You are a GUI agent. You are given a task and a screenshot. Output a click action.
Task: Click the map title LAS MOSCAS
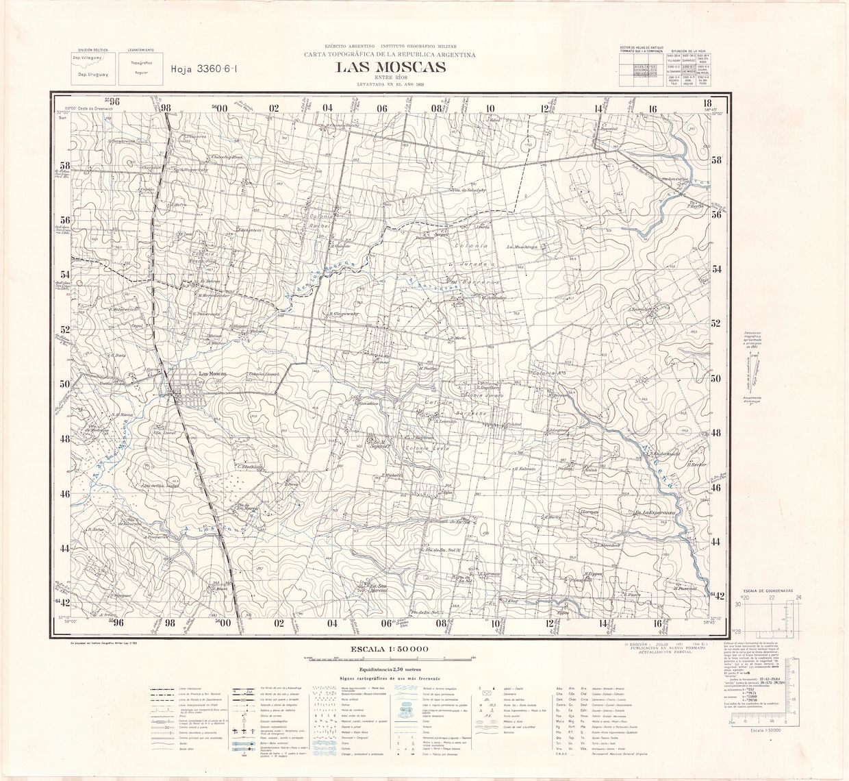[x=390, y=67]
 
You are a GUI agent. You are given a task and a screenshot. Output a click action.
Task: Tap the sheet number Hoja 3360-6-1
[x=204, y=69]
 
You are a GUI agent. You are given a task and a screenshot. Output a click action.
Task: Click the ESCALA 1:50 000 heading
[x=390, y=648]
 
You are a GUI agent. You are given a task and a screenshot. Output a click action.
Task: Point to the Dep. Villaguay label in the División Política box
[x=88, y=58]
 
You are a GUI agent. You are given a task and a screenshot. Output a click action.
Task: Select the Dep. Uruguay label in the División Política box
[x=88, y=74]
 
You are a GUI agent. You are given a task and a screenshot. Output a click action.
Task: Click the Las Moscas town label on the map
[x=212, y=373]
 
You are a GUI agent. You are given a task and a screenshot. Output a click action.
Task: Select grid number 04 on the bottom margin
[x=332, y=623]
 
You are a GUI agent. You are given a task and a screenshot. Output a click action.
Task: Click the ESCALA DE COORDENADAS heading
[x=770, y=589]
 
